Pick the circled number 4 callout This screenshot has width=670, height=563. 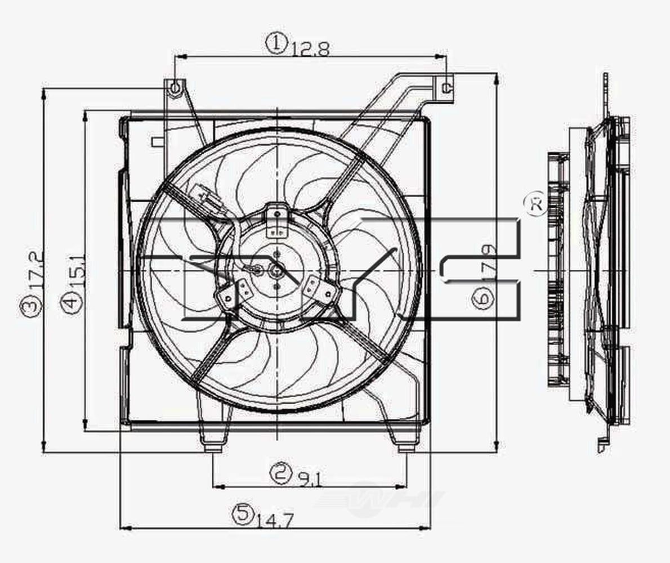pos(70,302)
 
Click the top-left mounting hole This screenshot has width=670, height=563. pos(176,88)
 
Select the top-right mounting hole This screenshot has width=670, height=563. pos(446,87)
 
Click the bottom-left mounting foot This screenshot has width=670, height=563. pos(213,448)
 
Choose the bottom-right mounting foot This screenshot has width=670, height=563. pos(405,448)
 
